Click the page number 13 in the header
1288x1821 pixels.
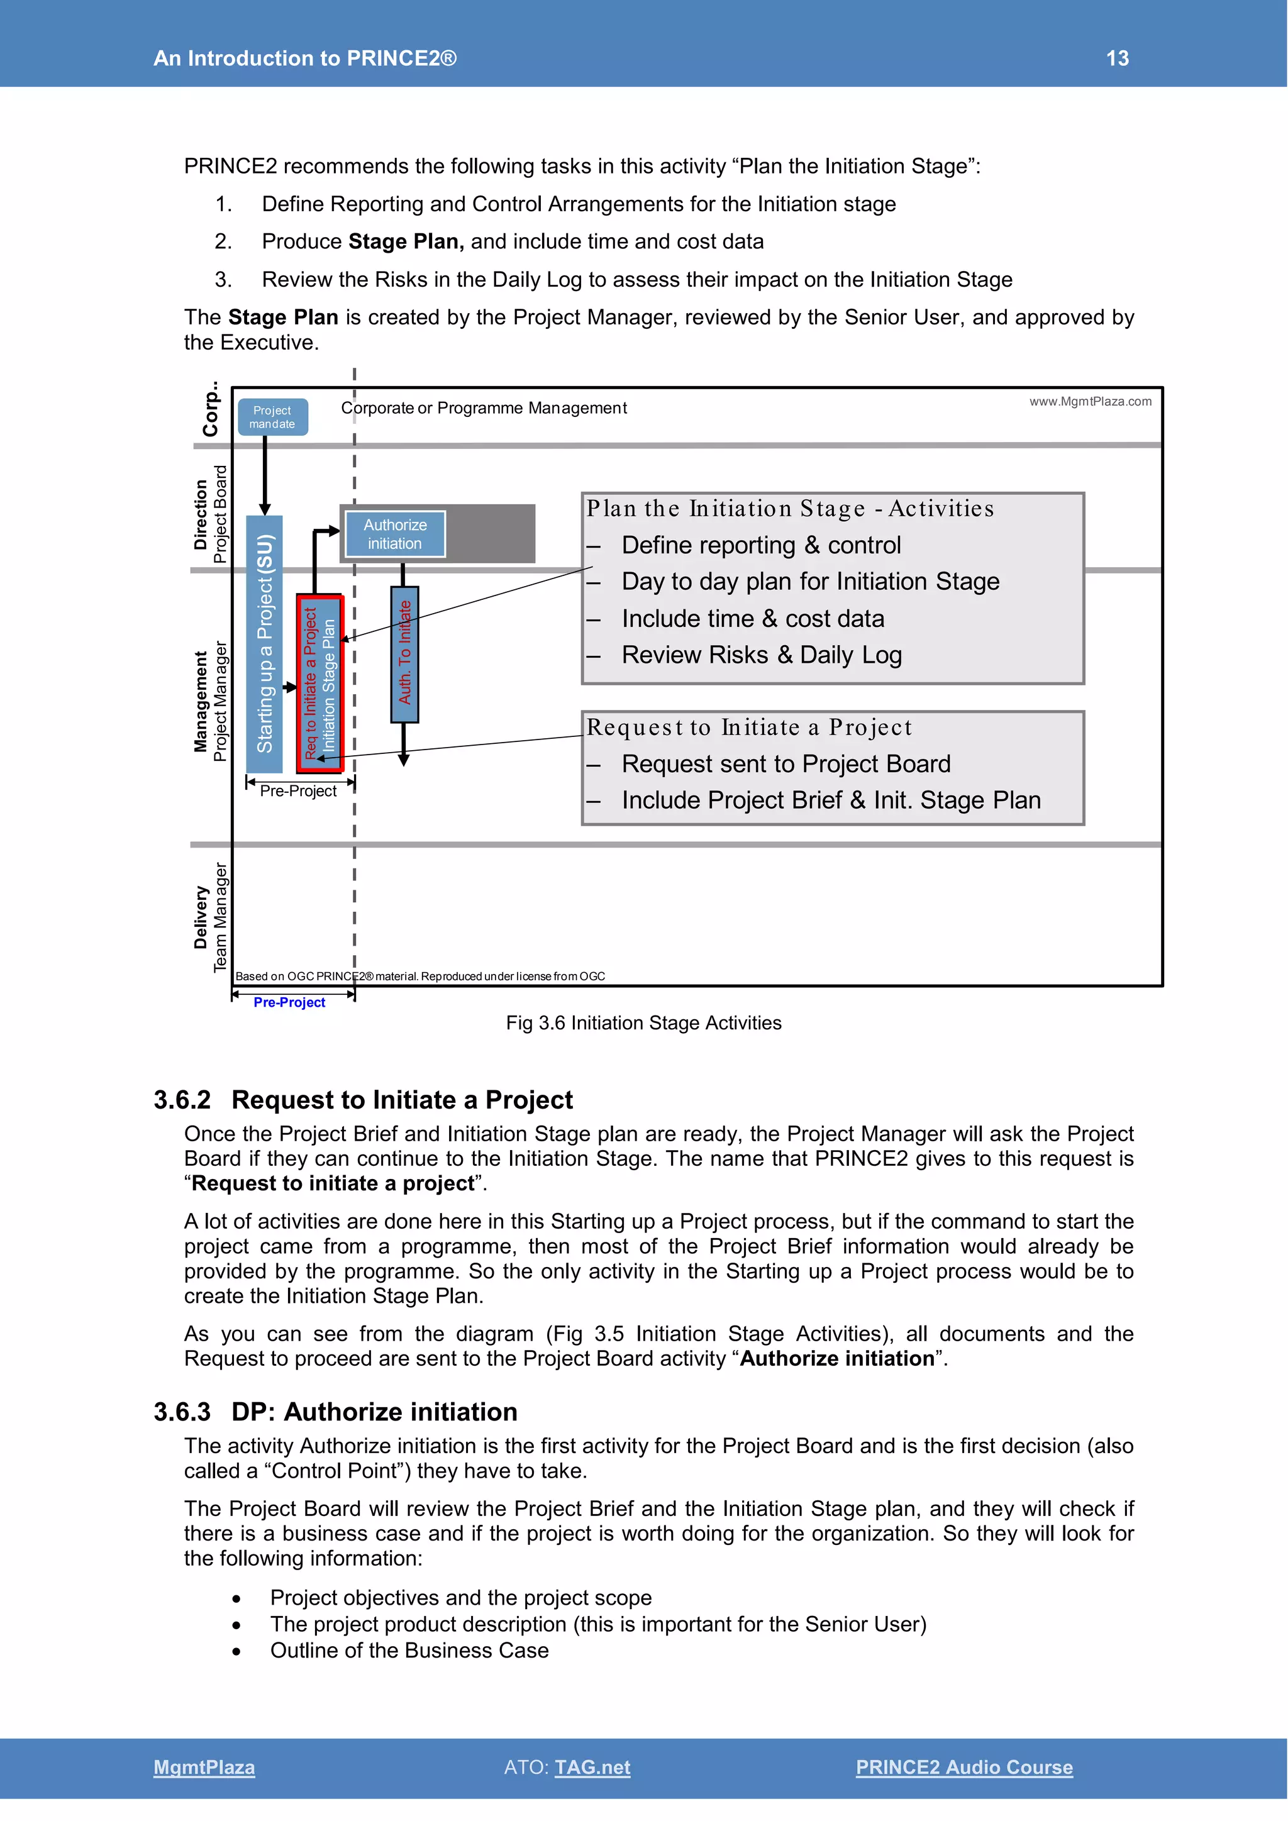click(1117, 58)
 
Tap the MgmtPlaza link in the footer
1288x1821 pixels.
click(204, 1767)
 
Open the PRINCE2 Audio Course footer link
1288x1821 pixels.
click(963, 1767)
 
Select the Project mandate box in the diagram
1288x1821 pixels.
click(272, 417)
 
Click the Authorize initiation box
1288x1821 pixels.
click(395, 534)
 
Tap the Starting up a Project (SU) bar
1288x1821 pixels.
click(264, 643)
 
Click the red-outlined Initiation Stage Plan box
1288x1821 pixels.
click(319, 683)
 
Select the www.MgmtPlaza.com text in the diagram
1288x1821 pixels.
click(1090, 401)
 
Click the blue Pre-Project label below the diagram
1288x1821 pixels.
click(289, 1002)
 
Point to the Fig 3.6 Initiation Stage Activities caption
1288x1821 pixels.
click(643, 1023)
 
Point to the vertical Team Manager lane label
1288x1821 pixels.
click(219, 917)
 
